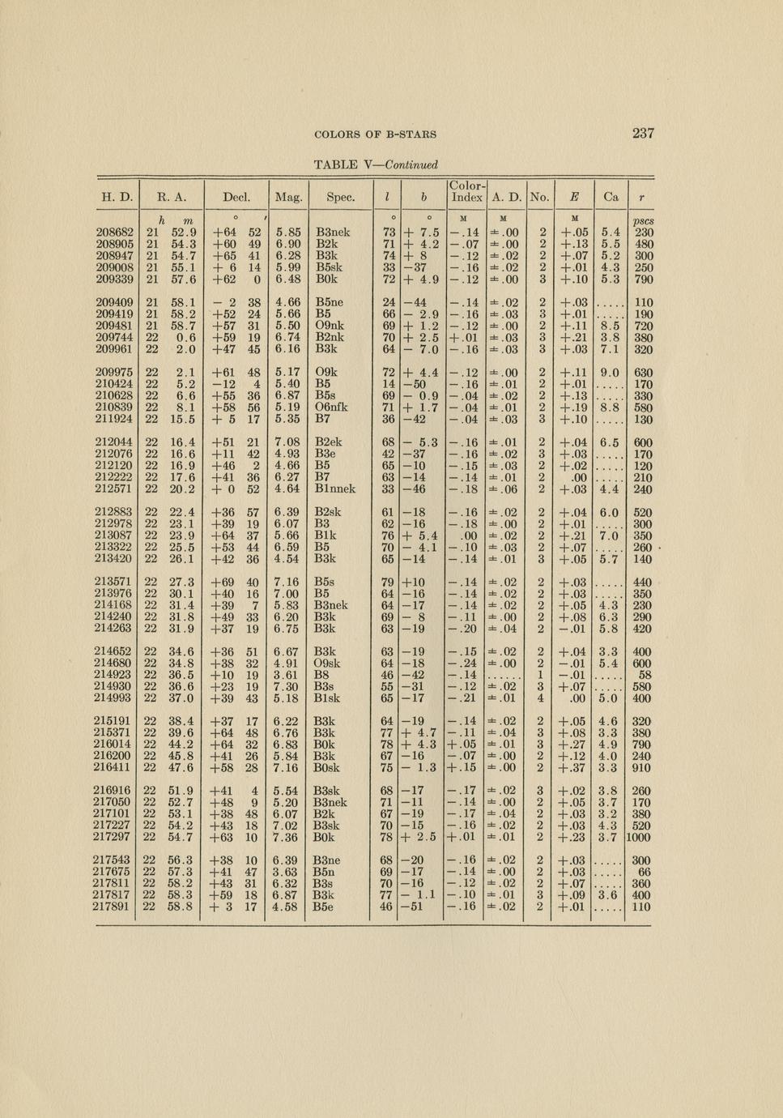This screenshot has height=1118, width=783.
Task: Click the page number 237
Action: (x=643, y=134)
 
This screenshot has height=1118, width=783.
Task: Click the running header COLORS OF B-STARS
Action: (x=375, y=134)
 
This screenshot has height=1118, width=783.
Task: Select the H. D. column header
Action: (x=117, y=197)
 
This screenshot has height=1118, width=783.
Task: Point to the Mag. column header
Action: (x=289, y=197)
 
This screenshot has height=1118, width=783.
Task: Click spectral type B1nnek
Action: (x=335, y=489)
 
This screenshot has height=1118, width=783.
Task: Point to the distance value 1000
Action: (x=639, y=838)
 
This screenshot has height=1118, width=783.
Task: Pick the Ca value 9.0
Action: (x=610, y=373)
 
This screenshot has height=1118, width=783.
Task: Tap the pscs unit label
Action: (x=643, y=221)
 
